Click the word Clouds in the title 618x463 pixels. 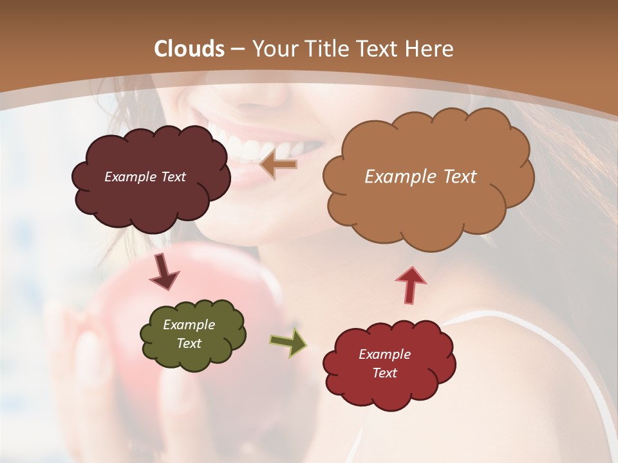(189, 49)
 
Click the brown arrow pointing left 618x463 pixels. (278, 165)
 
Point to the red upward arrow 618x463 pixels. (411, 285)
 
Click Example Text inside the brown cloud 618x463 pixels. (420, 177)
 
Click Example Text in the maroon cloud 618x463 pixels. (145, 177)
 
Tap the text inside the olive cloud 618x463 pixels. (189, 334)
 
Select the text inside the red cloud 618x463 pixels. (384, 363)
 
